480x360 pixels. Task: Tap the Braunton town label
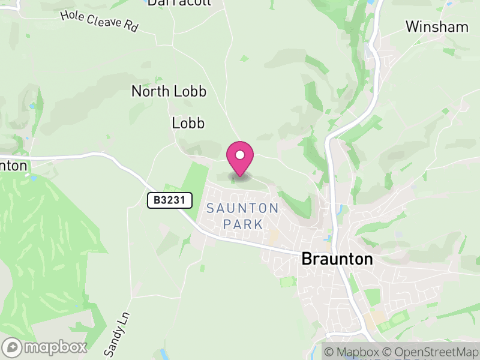(337, 259)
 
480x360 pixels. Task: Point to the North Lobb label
(169, 92)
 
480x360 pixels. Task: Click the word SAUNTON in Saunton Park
(242, 208)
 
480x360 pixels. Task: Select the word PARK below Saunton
(242, 224)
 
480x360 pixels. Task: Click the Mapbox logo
(46, 347)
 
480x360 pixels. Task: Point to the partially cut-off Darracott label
(179, 2)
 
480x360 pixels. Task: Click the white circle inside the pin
(240, 155)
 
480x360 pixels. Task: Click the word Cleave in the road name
(104, 21)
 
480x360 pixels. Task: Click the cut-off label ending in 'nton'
(13, 165)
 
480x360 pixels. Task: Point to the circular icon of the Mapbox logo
(13, 347)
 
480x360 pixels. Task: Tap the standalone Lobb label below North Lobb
(188, 124)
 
